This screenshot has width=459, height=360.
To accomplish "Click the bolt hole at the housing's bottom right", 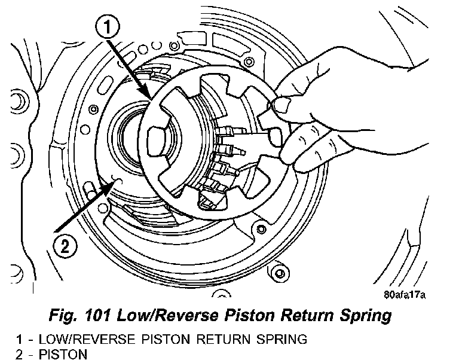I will pos(276,273).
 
